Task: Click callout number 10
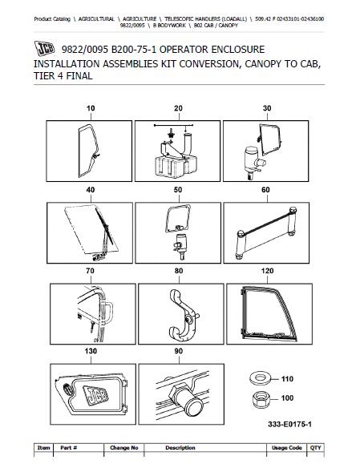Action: [90, 107]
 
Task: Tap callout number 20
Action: [177, 107]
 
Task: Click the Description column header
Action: [180, 447]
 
